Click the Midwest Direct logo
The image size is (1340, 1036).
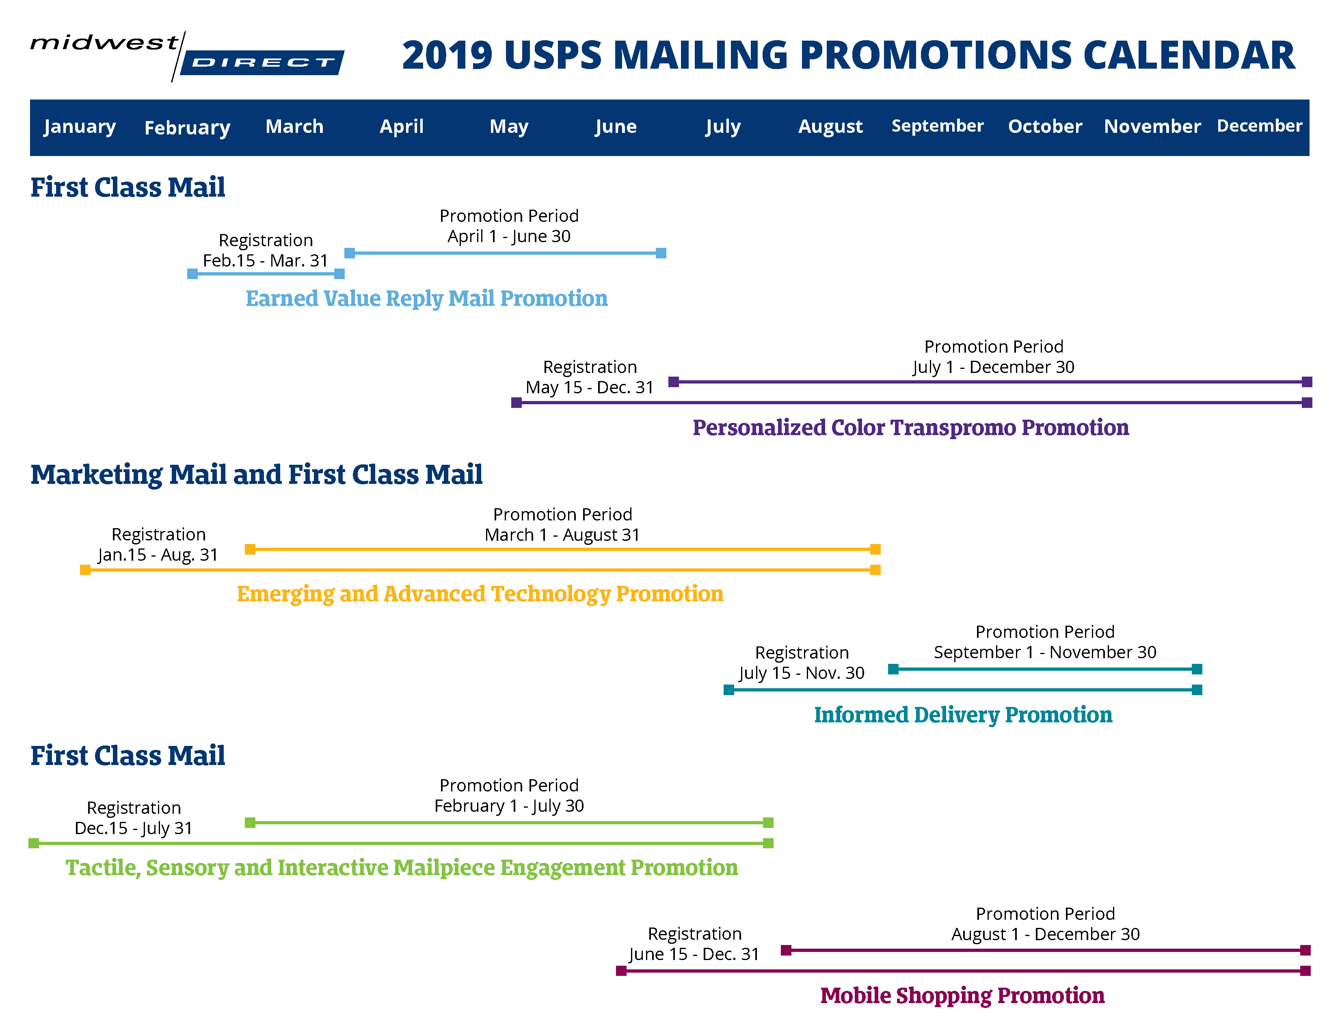(187, 56)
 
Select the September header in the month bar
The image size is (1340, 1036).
(938, 126)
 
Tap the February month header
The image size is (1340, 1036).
(187, 127)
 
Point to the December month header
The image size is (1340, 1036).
(1260, 126)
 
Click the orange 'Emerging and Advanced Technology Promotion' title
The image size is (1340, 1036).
(480, 594)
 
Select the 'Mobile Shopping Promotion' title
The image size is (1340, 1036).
(962, 995)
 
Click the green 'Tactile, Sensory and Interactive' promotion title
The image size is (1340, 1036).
(402, 867)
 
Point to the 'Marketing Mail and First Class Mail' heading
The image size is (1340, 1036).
(257, 475)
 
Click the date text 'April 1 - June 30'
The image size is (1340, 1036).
(509, 236)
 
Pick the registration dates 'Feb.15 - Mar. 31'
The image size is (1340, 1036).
(265, 261)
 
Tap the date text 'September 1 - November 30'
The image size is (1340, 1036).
(1045, 652)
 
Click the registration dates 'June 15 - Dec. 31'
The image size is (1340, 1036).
(694, 954)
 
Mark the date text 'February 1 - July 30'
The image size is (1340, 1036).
(509, 806)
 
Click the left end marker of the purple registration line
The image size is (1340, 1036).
(517, 403)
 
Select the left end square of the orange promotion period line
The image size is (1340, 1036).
(250, 549)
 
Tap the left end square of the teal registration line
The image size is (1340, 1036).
(729, 690)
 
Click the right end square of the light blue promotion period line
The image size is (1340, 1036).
(661, 253)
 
